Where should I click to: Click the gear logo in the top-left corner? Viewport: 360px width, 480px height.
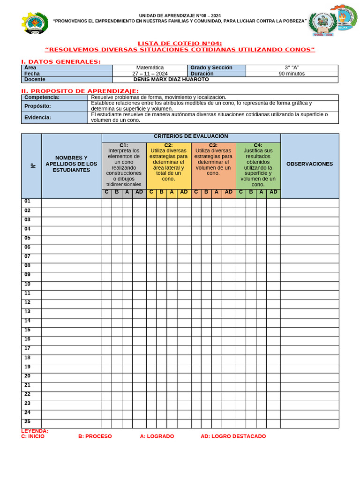(35, 22)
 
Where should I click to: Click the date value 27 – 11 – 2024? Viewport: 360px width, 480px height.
(150, 74)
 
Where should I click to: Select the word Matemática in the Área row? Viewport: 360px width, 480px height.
(150, 67)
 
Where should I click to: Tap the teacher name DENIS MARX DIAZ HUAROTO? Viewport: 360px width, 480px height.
(171, 80)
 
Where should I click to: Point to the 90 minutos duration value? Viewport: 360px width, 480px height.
(292, 74)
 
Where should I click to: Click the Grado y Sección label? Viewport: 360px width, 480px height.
(211, 67)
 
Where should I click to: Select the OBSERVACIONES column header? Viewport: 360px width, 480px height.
(309, 164)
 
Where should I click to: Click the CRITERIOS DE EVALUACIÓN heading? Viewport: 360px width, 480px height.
(191, 136)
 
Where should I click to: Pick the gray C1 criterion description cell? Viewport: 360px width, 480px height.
(124, 165)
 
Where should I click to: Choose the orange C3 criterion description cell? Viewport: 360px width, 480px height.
(213, 162)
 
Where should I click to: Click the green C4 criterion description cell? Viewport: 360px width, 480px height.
(258, 165)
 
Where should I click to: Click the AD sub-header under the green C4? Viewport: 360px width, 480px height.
(273, 192)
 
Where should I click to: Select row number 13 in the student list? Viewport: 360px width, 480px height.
(27, 312)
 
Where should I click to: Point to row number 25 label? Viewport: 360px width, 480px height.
(27, 421)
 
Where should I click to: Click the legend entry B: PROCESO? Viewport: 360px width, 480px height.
(95, 436)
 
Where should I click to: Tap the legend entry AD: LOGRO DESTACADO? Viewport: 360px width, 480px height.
(233, 436)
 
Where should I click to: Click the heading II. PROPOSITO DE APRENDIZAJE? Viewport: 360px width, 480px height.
(80, 91)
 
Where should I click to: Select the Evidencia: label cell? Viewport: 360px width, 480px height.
(38, 117)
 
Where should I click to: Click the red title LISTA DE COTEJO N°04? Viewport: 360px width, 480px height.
(180, 44)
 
